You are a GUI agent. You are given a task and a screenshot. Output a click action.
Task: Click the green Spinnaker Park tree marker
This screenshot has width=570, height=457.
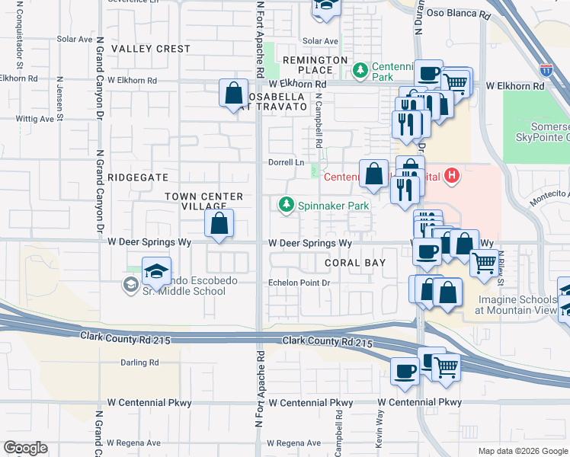(286, 205)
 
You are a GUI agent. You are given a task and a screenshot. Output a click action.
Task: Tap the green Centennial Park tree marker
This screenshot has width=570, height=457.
(360, 71)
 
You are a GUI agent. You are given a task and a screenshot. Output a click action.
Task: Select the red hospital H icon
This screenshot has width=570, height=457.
(453, 177)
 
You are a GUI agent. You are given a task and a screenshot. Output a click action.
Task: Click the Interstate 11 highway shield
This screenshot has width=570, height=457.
(546, 70)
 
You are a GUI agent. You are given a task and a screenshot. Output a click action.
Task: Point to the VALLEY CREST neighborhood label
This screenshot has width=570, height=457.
(151, 49)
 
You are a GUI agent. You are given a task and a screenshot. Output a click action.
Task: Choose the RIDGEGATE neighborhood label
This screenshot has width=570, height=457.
(138, 177)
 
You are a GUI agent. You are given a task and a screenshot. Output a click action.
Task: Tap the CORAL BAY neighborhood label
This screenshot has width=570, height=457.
(354, 263)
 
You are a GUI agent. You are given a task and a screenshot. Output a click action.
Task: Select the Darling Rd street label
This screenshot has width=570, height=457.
(139, 363)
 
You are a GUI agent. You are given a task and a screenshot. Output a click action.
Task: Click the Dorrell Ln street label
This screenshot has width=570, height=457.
(286, 163)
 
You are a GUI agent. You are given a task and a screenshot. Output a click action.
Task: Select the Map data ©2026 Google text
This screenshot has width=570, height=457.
(522, 451)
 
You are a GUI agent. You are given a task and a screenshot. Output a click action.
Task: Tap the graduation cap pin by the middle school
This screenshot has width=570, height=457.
(155, 272)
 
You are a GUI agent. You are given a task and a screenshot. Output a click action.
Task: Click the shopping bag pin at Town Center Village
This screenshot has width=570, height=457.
(219, 224)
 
